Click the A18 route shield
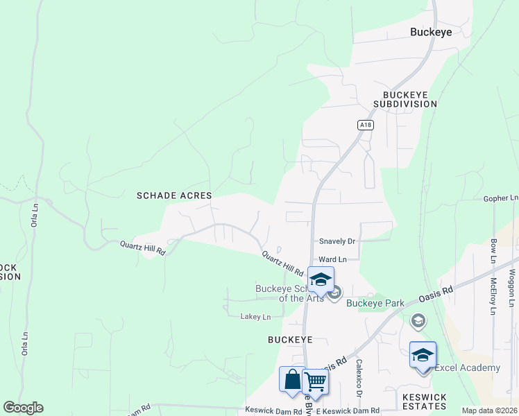coord(366,125)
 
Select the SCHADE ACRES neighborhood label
coord(174,196)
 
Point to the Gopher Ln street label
coord(501,198)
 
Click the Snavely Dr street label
coord(337,241)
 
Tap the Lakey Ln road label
coord(255,317)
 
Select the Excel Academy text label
coord(467,367)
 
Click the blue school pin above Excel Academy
coord(423,356)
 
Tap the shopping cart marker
coord(316,382)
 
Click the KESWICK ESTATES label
coord(425,402)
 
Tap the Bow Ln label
coord(493,251)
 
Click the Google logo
coord(23,408)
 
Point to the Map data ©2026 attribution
coord(489,410)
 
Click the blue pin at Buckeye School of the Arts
coord(321,280)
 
